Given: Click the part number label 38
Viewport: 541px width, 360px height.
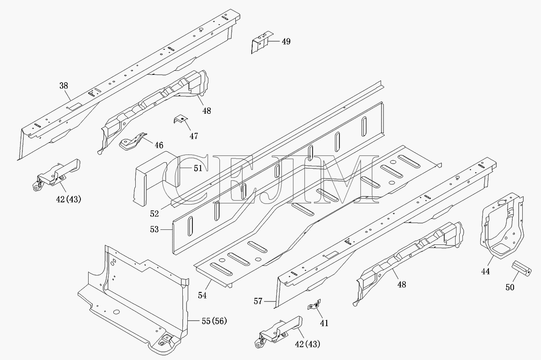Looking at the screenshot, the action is pos(64,85).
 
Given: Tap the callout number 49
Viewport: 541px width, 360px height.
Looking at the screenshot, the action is pos(286,42).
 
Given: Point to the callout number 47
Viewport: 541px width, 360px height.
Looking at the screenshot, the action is pos(194,136).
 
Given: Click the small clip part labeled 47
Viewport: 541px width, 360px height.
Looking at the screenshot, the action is pos(180,121).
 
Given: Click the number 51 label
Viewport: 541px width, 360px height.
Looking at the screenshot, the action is pos(198,168).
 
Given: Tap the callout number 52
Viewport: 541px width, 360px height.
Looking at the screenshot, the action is pos(154,214).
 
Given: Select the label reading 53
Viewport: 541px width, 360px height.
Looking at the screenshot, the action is pos(154,229).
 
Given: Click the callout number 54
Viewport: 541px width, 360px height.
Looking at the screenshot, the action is pos(202,296).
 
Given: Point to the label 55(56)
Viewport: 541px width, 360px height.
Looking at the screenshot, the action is pos(214,321).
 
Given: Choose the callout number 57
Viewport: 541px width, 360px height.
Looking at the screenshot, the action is pos(258,302).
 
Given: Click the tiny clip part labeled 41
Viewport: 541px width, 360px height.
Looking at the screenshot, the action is pos(314,305).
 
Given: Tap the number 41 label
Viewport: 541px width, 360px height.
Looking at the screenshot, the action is pos(324,323).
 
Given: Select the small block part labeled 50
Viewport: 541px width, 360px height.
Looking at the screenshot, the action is pos(520,269).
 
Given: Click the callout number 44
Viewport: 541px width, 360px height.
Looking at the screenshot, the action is pos(485,271).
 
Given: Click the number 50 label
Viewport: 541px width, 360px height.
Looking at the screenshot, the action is pos(510,287).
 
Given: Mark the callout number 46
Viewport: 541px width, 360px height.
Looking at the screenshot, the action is pos(159,146).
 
